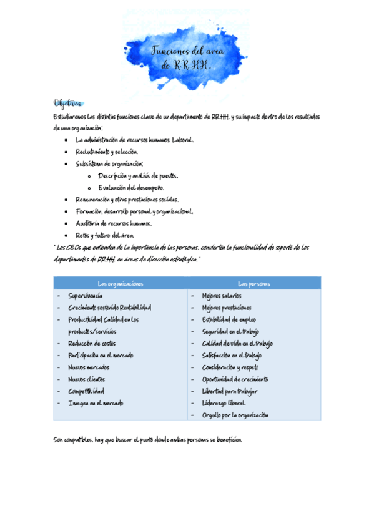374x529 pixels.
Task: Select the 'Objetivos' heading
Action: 68,103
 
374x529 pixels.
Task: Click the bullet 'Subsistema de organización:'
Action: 109,163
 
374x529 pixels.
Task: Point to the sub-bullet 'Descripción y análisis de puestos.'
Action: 137,175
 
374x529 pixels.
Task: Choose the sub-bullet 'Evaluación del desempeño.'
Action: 130,187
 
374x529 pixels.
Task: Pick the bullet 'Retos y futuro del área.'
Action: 105,235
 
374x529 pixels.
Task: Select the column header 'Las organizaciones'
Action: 121,284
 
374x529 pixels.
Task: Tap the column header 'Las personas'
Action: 254,284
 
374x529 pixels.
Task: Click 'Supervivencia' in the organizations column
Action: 86,296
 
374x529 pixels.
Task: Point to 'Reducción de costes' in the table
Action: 92,344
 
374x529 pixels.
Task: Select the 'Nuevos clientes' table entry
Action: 87,379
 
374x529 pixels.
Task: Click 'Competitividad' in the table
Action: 86,391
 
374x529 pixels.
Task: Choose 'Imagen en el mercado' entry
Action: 96,403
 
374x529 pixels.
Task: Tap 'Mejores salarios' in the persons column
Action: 222,296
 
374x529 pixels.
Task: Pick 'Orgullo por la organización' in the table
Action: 235,415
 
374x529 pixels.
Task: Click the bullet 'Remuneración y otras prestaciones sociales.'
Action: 127,200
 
